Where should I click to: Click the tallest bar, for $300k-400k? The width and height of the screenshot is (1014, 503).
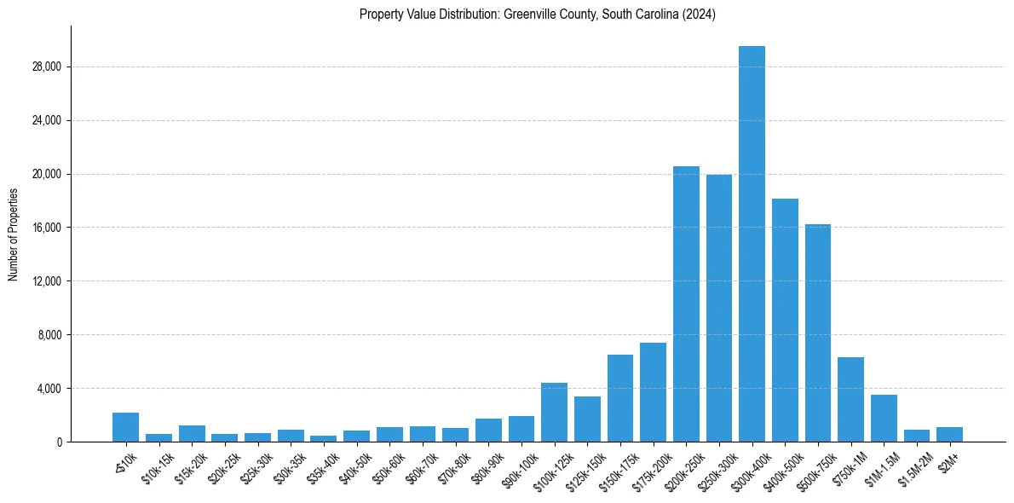pyautogui.click(x=752, y=244)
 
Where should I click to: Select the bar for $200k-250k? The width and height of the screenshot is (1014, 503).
pyautogui.click(x=686, y=304)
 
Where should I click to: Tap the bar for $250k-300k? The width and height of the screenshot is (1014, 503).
pyautogui.click(x=719, y=308)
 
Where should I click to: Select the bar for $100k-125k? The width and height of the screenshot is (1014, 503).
pyautogui.click(x=554, y=412)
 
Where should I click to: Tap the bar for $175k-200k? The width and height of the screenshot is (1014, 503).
pyautogui.click(x=653, y=392)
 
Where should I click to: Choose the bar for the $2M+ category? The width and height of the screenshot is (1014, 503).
pyautogui.click(x=949, y=434)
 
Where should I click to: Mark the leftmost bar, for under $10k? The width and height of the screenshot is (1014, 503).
pyautogui.click(x=125, y=427)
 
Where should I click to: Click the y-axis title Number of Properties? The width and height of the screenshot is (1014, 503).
pyautogui.click(x=13, y=234)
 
